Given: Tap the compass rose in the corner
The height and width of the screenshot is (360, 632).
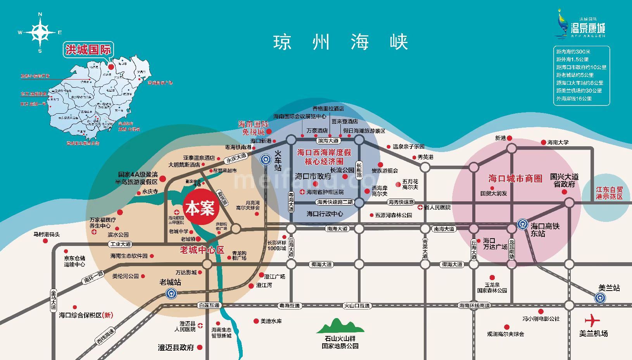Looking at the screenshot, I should pyautogui.click(x=40, y=33).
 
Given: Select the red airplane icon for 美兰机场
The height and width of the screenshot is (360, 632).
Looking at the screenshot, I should pyautogui.click(x=592, y=321).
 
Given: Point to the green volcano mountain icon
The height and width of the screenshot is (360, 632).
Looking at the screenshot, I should pyautogui.click(x=340, y=326).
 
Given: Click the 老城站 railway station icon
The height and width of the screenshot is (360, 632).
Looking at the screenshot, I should pyautogui.click(x=171, y=294).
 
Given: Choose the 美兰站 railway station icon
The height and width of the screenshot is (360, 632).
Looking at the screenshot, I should pyautogui.click(x=600, y=298).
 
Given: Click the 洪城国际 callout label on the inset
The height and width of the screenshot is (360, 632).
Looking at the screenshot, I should pyautogui.click(x=88, y=50).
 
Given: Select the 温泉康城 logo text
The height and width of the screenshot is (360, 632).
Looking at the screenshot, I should pyautogui.click(x=588, y=28).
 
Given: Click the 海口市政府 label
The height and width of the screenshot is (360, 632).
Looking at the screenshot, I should pyautogui.click(x=313, y=176).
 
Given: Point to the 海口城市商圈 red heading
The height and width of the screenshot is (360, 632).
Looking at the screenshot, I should pyautogui.click(x=515, y=178).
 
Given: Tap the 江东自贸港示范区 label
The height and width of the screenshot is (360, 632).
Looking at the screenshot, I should pyautogui.click(x=609, y=193).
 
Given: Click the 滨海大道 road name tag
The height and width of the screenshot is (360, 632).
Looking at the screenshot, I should pyautogui.click(x=328, y=140).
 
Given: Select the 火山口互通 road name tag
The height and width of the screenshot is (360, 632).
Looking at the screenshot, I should pyautogui.click(x=357, y=306).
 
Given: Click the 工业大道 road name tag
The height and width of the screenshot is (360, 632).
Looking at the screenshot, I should pyautogui.click(x=121, y=244).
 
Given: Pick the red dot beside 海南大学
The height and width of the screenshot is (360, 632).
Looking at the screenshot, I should pyautogui.click(x=542, y=142).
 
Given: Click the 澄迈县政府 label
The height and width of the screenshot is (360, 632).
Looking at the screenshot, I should pyautogui.click(x=176, y=348).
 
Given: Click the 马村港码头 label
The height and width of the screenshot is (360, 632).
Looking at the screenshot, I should pyautogui.click(x=47, y=234).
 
